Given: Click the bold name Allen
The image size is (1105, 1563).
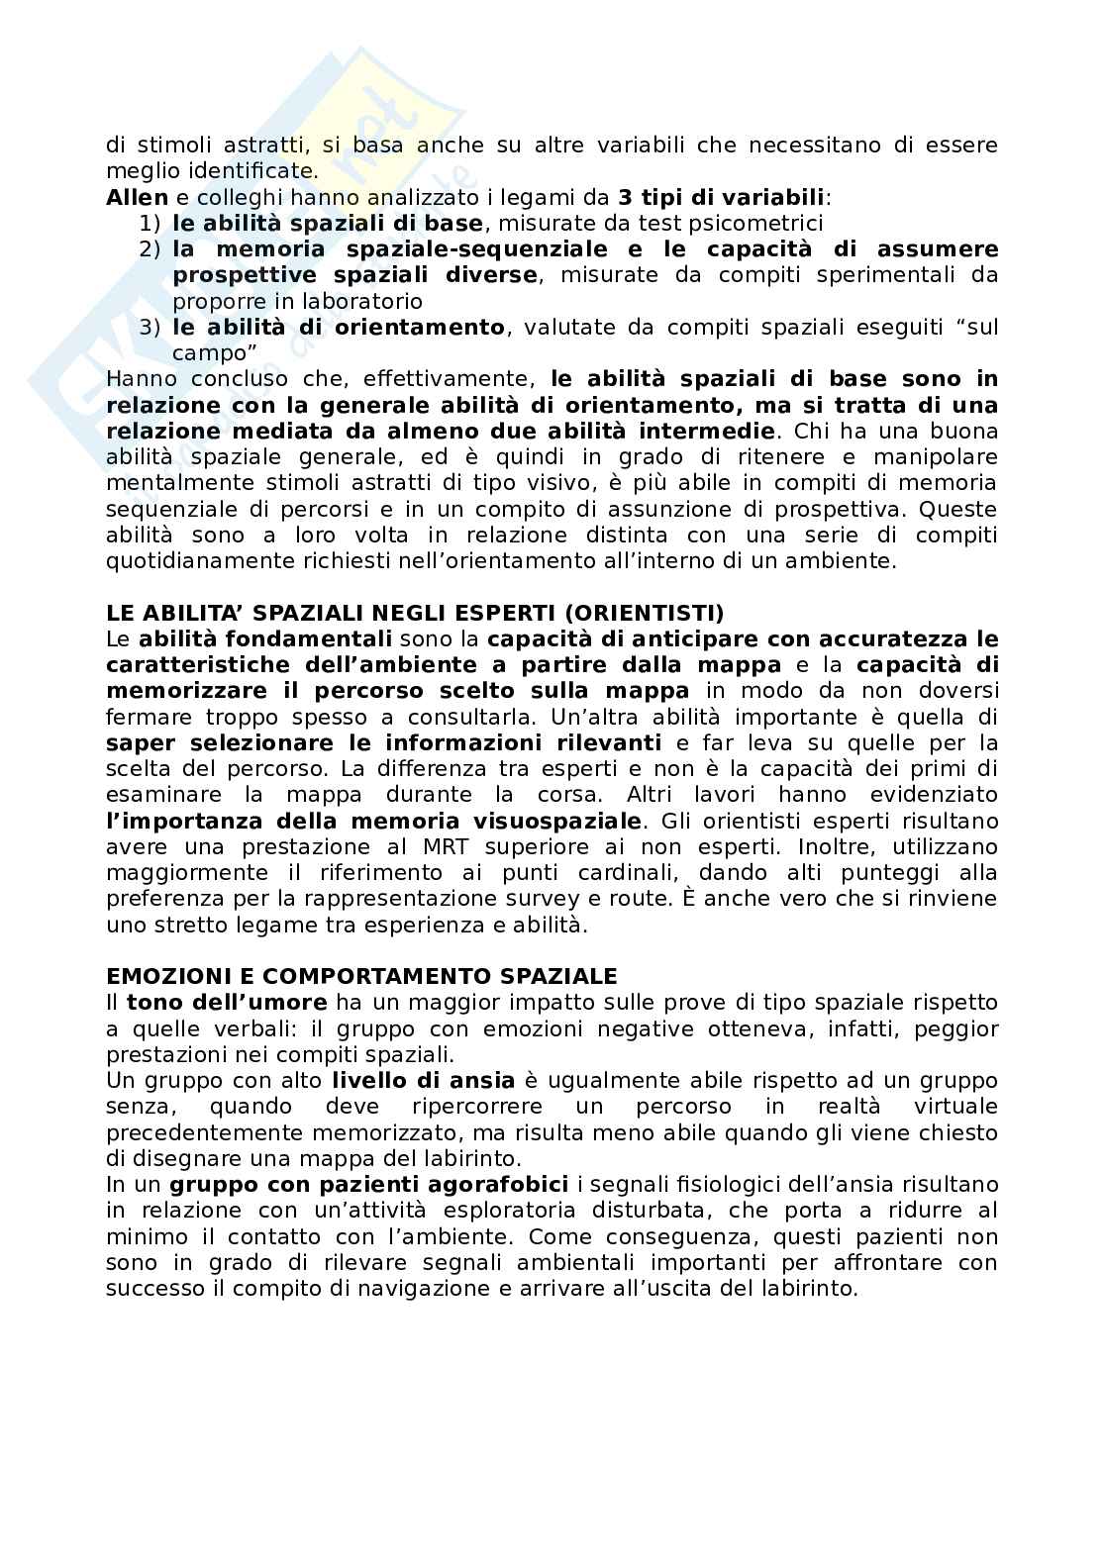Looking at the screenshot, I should tap(137, 197).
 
